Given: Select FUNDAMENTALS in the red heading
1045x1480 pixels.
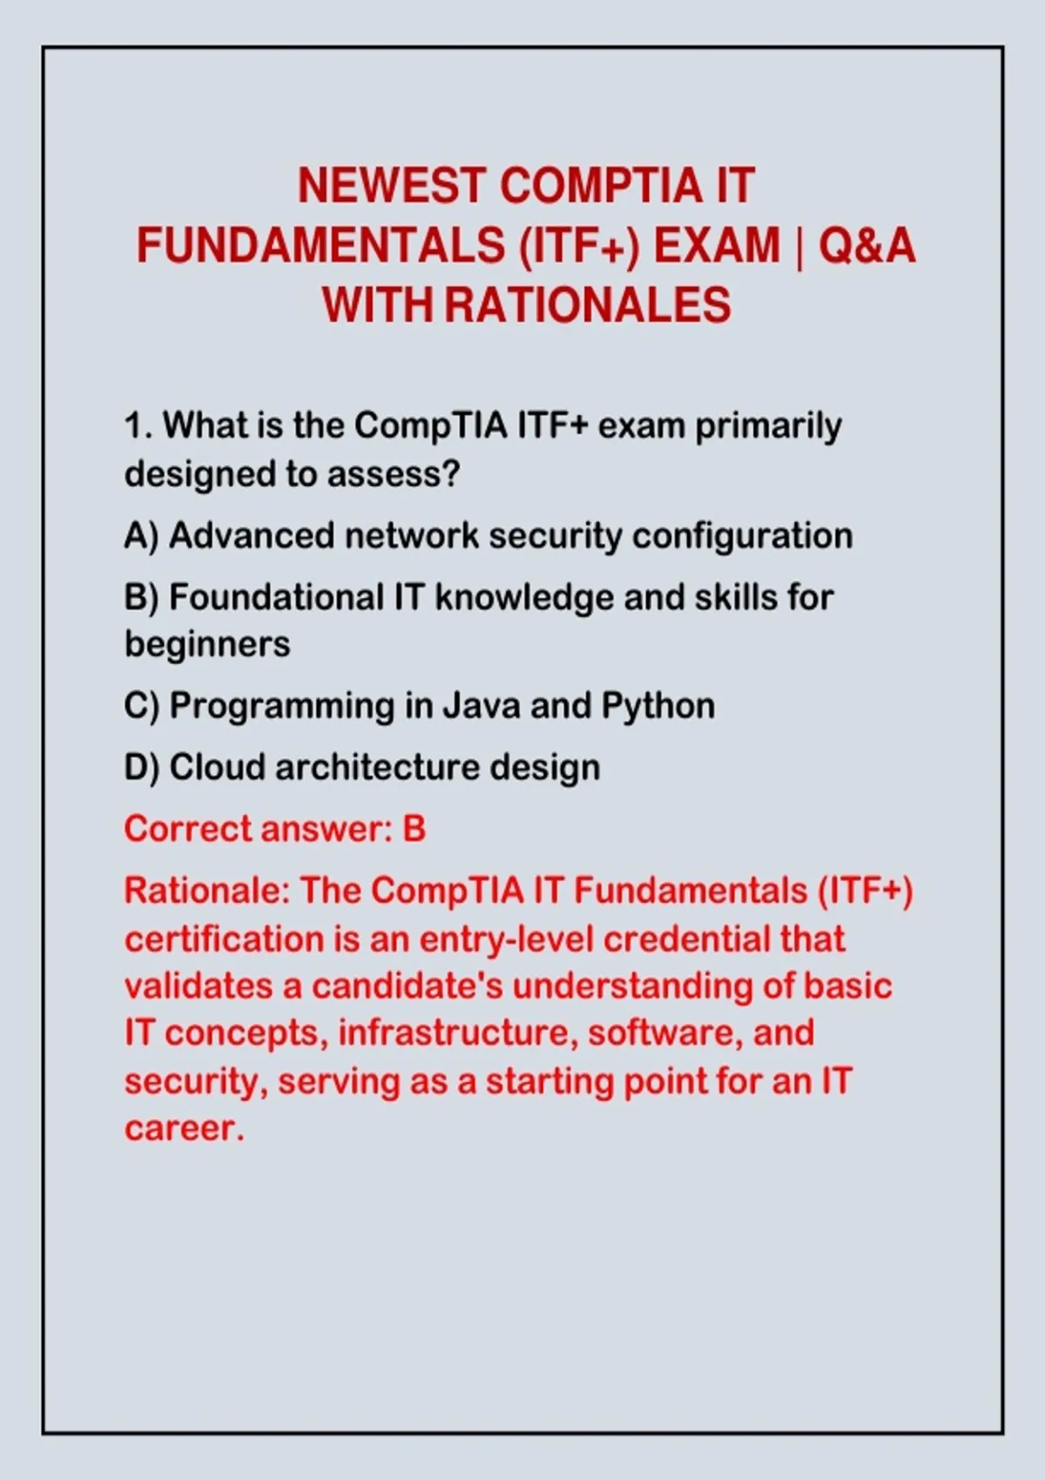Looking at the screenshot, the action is click(321, 246).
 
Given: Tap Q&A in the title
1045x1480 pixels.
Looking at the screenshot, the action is click(867, 246).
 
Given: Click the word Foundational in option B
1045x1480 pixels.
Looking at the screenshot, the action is click(277, 597).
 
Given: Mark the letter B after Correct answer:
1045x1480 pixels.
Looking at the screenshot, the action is click(414, 829).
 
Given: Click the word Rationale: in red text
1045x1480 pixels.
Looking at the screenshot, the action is click(207, 891).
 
